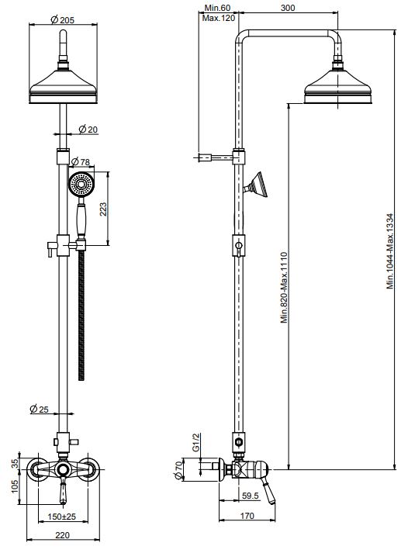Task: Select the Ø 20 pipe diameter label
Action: tap(88, 129)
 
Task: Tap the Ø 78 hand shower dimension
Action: tap(80, 161)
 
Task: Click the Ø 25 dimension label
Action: tap(39, 409)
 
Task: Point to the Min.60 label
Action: tap(216, 7)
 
